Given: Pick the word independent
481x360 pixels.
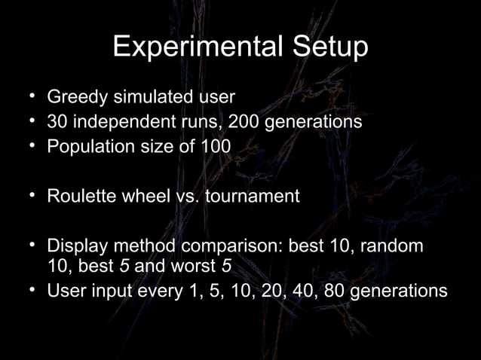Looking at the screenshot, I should point(119,121).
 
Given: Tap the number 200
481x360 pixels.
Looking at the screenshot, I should point(226,121).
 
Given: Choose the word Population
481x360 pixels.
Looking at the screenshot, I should point(89,145).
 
